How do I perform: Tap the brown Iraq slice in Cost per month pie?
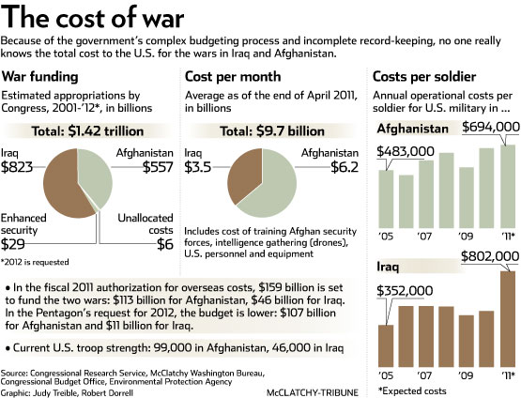click(x=244, y=176)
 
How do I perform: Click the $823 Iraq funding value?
click(x=17, y=167)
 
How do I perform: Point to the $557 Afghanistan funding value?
click(x=158, y=167)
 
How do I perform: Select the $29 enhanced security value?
click(x=12, y=244)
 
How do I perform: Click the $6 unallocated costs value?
click(x=165, y=244)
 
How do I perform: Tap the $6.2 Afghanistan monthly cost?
click(x=345, y=167)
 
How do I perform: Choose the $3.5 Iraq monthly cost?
click(x=198, y=167)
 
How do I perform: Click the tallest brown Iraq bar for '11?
click(x=508, y=319)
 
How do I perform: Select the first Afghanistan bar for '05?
click(x=386, y=199)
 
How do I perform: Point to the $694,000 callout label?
click(x=491, y=127)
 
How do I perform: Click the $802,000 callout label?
click(x=490, y=256)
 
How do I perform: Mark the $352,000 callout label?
click(x=405, y=291)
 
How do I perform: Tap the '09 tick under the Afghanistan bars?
click(x=466, y=237)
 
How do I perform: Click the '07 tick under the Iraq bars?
click(x=424, y=375)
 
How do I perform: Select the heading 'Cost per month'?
click(x=233, y=77)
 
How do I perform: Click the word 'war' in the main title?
click(x=163, y=18)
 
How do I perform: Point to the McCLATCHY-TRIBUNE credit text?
click(x=313, y=392)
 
